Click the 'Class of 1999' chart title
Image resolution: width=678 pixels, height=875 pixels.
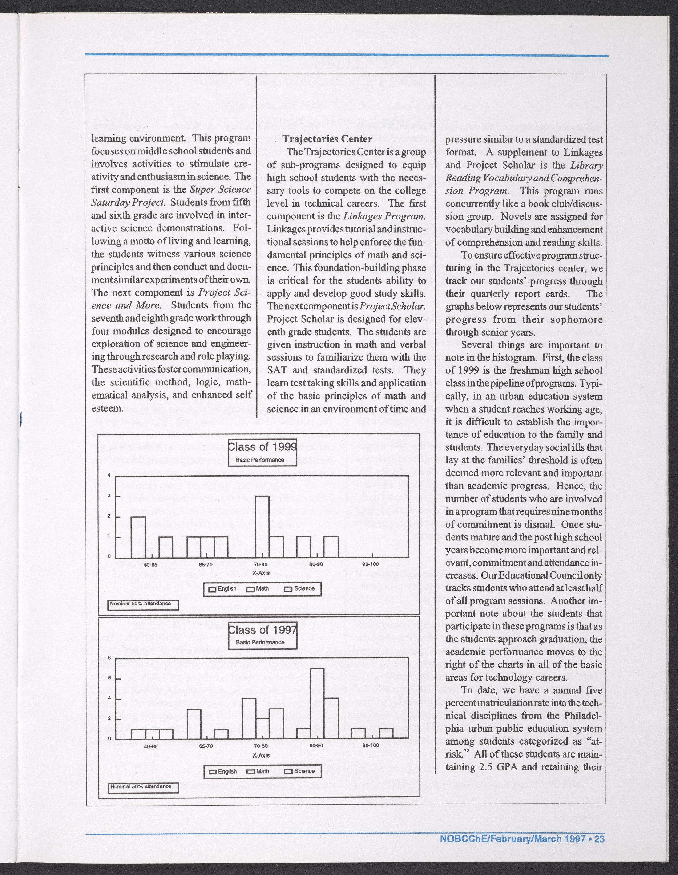(262, 447)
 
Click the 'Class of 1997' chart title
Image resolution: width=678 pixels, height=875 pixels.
(262, 629)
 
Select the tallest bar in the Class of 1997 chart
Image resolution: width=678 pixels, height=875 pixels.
(317, 703)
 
